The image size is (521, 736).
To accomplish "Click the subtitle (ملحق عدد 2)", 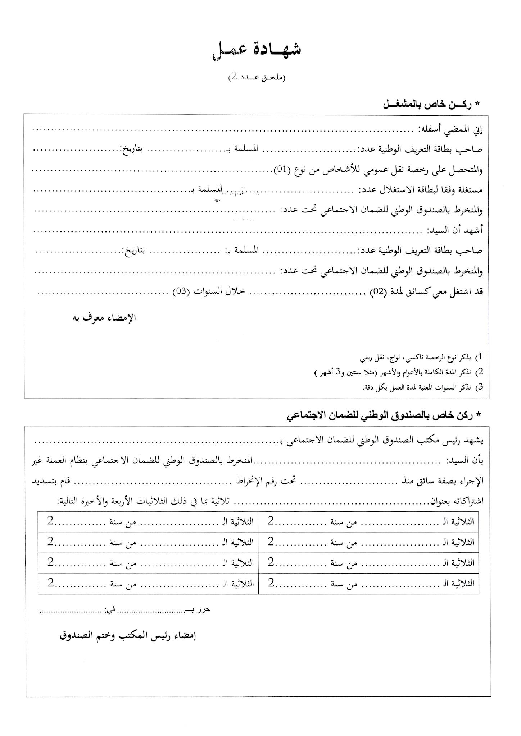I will coord(257,77).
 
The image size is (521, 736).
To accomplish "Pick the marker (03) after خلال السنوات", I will coord(181,292).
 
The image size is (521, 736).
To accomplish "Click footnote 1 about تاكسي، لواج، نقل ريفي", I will coord(421,358).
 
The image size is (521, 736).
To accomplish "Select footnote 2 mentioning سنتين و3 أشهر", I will coord(396,373).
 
